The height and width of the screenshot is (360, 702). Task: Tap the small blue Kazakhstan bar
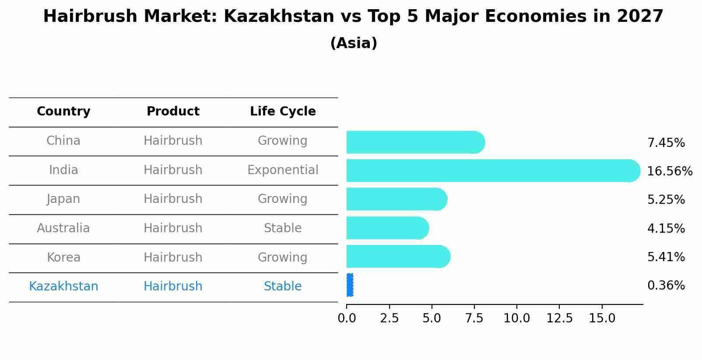tap(350, 285)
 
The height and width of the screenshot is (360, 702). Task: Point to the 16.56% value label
tap(670, 171)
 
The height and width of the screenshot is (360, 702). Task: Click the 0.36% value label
tap(666, 286)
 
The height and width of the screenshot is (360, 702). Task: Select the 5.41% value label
tap(666, 257)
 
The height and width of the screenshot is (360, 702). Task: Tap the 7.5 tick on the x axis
tap(474, 318)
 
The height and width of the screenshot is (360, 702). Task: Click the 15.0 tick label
tap(602, 318)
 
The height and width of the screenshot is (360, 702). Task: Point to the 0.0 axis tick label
tap(347, 318)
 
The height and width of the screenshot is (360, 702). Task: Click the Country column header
tap(63, 112)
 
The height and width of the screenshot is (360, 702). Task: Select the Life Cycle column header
tap(283, 112)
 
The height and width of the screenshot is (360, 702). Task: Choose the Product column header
tap(173, 112)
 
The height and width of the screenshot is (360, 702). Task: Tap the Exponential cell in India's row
tap(283, 170)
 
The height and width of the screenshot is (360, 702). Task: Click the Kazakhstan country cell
tap(63, 287)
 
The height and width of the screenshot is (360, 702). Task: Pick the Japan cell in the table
tap(63, 199)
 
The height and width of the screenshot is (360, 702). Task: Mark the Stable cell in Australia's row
tap(283, 228)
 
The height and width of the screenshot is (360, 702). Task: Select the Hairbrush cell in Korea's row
tap(173, 257)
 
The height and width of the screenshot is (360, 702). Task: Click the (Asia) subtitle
tap(354, 43)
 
